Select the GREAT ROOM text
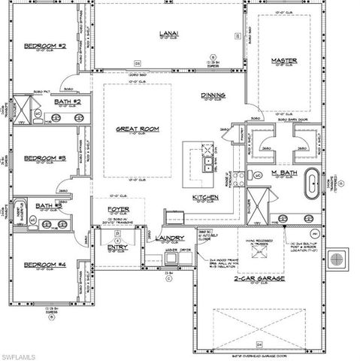pos(138,129)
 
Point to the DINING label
pos(213,96)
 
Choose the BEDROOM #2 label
pos(46,46)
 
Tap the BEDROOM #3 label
pos(46,158)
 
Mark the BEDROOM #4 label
pos(46,265)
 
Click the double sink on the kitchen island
pos(204,159)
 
